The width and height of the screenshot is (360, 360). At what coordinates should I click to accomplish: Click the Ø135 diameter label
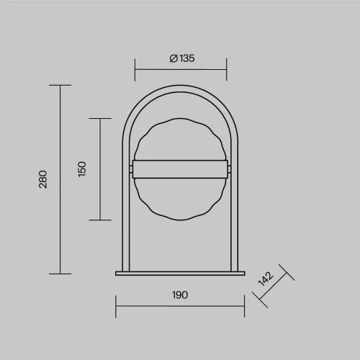point(182,58)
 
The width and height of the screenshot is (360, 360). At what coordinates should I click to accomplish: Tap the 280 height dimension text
point(43,179)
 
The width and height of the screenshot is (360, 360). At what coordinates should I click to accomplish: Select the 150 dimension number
point(82,169)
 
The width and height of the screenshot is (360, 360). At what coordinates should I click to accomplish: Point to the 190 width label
point(180,295)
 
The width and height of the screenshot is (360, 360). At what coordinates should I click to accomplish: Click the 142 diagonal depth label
point(266,279)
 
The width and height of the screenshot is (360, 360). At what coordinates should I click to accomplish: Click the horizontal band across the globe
point(180,169)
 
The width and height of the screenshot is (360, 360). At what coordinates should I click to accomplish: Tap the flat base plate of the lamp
point(180,274)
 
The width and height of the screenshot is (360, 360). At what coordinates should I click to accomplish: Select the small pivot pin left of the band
point(131,169)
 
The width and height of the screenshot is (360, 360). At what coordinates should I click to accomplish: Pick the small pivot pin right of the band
point(230,169)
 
